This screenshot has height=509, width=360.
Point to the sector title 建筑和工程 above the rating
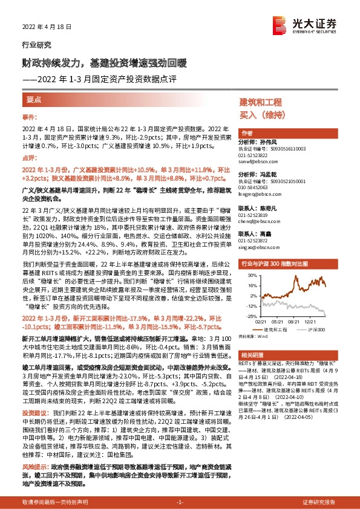(x=261, y=102)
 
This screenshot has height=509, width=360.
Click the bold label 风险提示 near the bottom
(x=34, y=467)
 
